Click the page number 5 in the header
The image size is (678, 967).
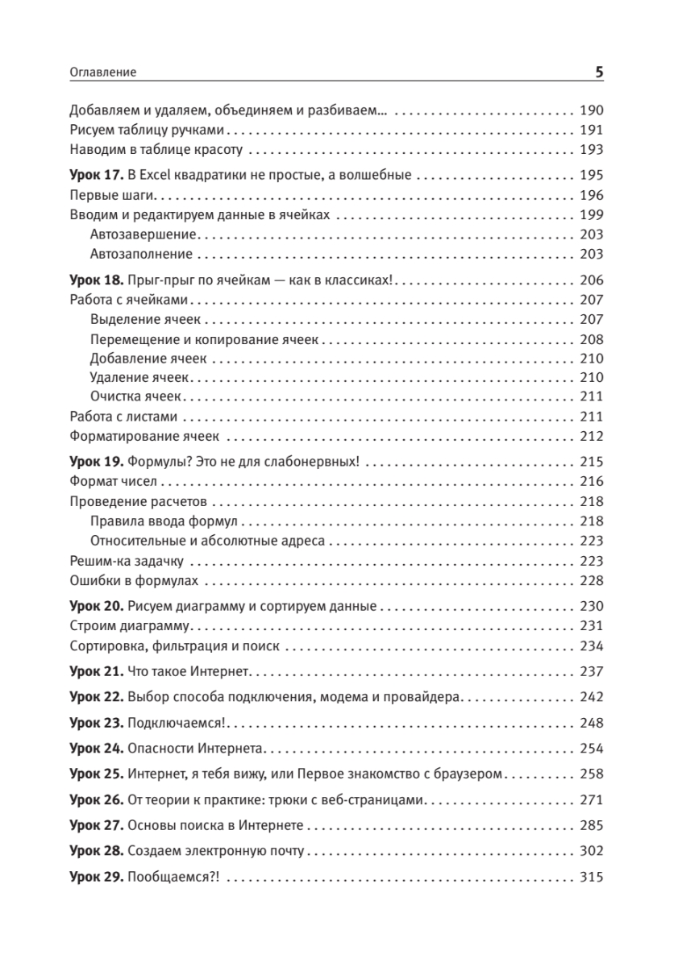coord(599,72)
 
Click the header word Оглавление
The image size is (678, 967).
coord(103,73)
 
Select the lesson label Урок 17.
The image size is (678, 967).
coord(95,174)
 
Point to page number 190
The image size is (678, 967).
coord(591,111)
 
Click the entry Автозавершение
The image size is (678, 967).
coord(144,234)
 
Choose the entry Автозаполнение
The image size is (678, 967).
coord(142,254)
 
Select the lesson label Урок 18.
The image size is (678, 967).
coord(95,280)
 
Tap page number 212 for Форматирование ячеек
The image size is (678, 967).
coord(591,437)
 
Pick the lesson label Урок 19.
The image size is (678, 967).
coord(95,463)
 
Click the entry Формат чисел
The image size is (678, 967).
coord(113,482)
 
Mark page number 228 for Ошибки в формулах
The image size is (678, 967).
coord(591,581)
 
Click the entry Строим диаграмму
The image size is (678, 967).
coord(129,626)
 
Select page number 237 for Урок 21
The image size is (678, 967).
coord(591,671)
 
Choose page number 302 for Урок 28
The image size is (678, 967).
coord(591,851)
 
